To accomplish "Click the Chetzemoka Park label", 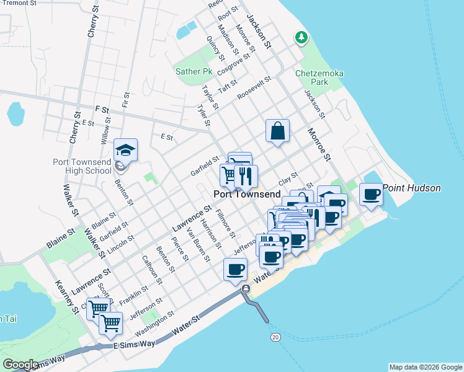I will click(x=319, y=77).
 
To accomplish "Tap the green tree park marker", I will click(x=301, y=38).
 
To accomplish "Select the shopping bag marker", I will click(x=277, y=131).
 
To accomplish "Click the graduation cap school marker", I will click(x=125, y=150).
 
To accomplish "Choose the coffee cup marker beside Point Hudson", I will click(x=371, y=194).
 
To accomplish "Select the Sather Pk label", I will click(x=194, y=72).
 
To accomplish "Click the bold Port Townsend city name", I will click(x=248, y=193).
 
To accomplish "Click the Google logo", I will click(x=20, y=365).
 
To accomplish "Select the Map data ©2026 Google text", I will click(x=425, y=367).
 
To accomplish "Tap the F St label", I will click(x=102, y=110).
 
